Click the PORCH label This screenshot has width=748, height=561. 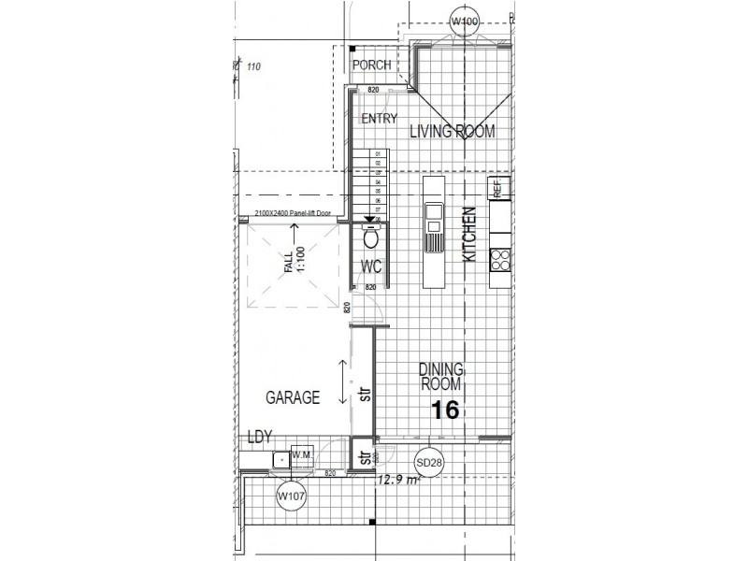(x=371, y=65)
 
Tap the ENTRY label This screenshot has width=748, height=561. (x=379, y=119)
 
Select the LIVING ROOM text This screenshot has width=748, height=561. (x=452, y=132)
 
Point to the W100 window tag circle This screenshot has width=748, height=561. (x=464, y=21)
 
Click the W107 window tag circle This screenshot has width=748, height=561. (x=291, y=496)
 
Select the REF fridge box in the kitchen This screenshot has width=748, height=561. (x=497, y=188)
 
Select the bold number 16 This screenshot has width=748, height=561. (x=444, y=410)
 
